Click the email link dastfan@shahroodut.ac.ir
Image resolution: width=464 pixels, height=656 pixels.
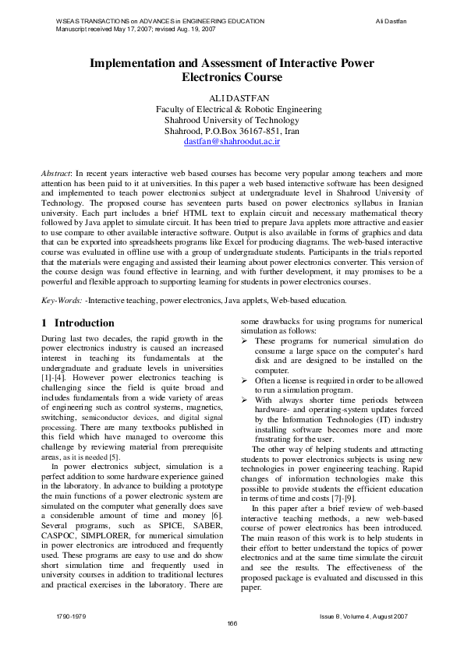click(x=232, y=143)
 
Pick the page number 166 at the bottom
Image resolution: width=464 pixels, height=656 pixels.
click(x=232, y=622)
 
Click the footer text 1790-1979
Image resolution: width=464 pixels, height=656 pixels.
click(x=62, y=615)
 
